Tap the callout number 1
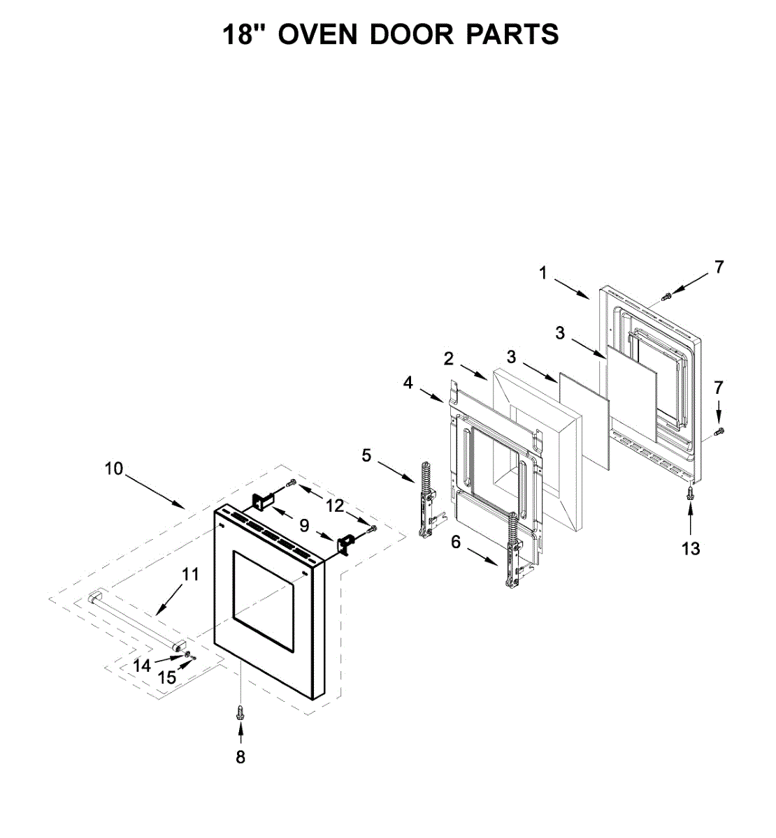click(543, 274)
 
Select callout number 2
click(448, 359)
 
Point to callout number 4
click(408, 383)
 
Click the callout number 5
click(367, 456)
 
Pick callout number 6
click(456, 542)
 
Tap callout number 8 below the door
click(240, 757)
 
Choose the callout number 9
click(304, 524)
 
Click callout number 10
click(114, 469)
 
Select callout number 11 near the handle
click(190, 575)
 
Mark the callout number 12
click(336, 506)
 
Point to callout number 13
click(691, 549)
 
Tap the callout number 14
click(142, 666)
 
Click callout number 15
click(167, 677)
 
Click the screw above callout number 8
click(240, 712)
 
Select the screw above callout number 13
click(691, 492)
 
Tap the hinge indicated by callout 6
click(513, 552)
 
